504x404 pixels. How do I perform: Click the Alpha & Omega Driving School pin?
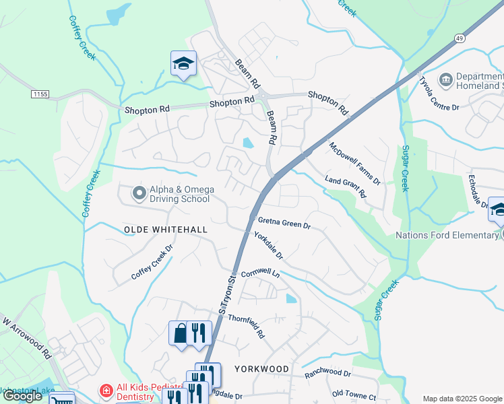coord(139,194)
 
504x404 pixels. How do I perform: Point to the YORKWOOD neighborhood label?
coord(262,369)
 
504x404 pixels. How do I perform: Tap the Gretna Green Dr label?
coord(284,223)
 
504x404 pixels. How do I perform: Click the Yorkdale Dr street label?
coord(269,246)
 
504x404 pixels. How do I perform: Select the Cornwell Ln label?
coord(260,274)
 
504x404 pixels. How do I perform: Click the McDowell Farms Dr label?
coord(354,164)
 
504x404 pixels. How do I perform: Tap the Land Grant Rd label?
coord(345,186)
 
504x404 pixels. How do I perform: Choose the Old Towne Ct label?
coord(354,396)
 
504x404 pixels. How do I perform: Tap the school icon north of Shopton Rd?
coord(183,63)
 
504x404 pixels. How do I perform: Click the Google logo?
coord(22,396)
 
